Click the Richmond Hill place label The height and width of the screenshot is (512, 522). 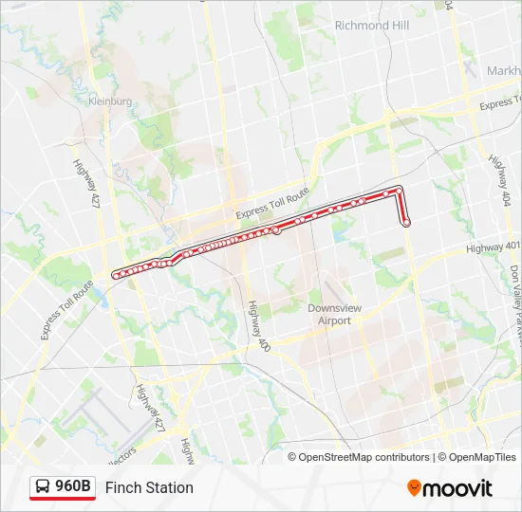pyautogui.click(x=372, y=26)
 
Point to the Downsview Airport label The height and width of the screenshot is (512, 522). pyautogui.click(x=329, y=314)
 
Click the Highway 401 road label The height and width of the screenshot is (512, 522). pyautogui.click(x=494, y=247)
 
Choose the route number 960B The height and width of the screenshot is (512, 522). pyautogui.click(x=73, y=486)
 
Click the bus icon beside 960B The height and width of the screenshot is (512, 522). pyautogui.click(x=43, y=486)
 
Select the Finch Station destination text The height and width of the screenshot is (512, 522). pyautogui.click(x=149, y=487)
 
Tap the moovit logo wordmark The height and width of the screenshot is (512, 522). pyautogui.click(x=458, y=488)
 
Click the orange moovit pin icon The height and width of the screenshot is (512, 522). pyautogui.click(x=414, y=487)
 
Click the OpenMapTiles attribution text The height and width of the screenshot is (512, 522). pyautogui.click(x=478, y=457)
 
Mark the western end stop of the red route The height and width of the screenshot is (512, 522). pyautogui.click(x=116, y=275)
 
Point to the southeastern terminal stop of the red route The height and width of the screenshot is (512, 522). pyautogui.click(x=406, y=223)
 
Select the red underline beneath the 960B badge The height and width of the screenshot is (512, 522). pyautogui.click(x=63, y=500)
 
